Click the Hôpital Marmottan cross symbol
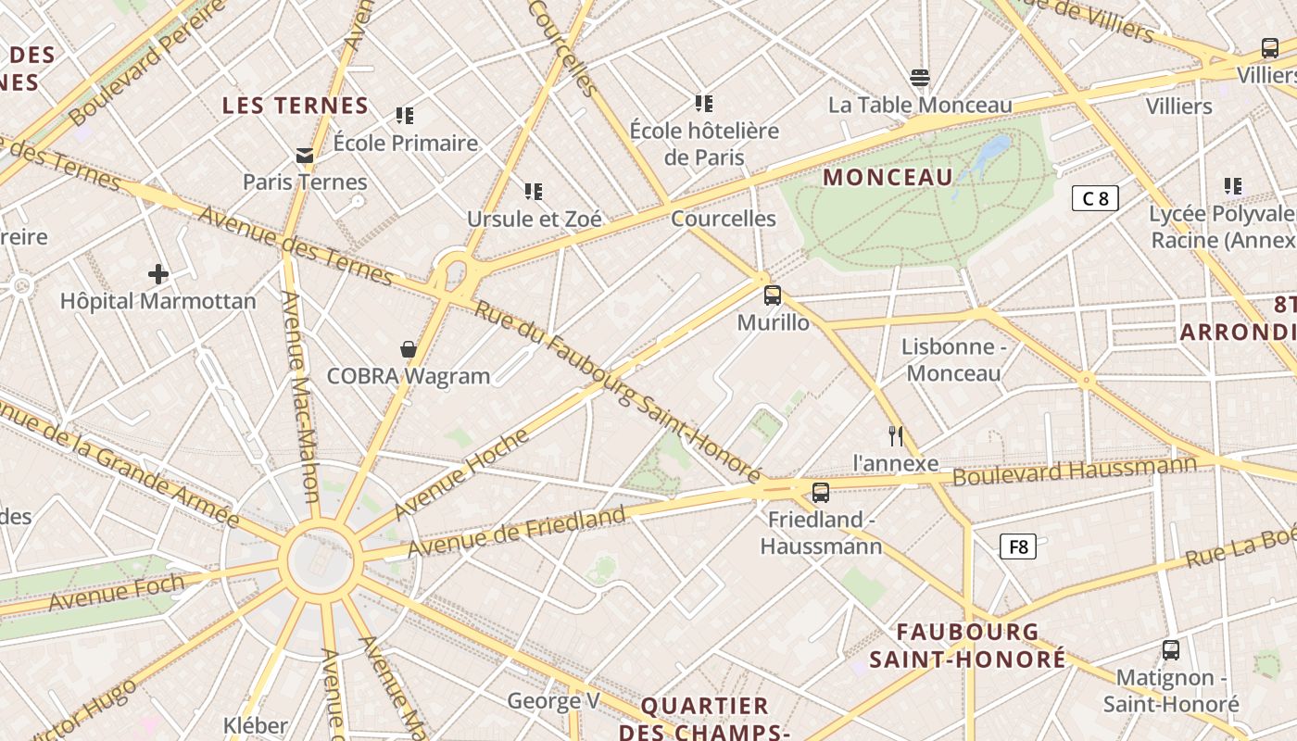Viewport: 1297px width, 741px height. coord(158,273)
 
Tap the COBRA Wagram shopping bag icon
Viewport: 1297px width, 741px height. coord(408,349)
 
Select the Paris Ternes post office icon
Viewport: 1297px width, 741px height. coord(304,155)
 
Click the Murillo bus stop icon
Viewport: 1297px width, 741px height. coord(772,295)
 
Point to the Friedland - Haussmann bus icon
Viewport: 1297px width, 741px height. coord(820,493)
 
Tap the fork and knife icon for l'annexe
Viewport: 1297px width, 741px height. coord(895,436)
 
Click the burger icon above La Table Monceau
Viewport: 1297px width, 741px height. coord(919,77)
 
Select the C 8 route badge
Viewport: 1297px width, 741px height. coord(1095,198)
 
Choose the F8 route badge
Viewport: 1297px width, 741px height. coord(1018,546)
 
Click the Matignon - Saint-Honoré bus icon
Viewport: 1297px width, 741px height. coord(1171,650)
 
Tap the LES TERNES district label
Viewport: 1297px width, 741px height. coord(296,106)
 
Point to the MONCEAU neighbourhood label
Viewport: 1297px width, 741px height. coord(888,177)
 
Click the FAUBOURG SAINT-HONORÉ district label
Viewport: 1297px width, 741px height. coord(967,646)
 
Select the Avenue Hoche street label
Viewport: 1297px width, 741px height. coord(460,473)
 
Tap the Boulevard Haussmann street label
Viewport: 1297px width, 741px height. coord(1075,471)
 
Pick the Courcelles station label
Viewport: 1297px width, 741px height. coord(723,219)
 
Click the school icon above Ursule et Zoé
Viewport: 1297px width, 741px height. coord(533,192)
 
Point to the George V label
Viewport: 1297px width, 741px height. coord(553,701)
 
